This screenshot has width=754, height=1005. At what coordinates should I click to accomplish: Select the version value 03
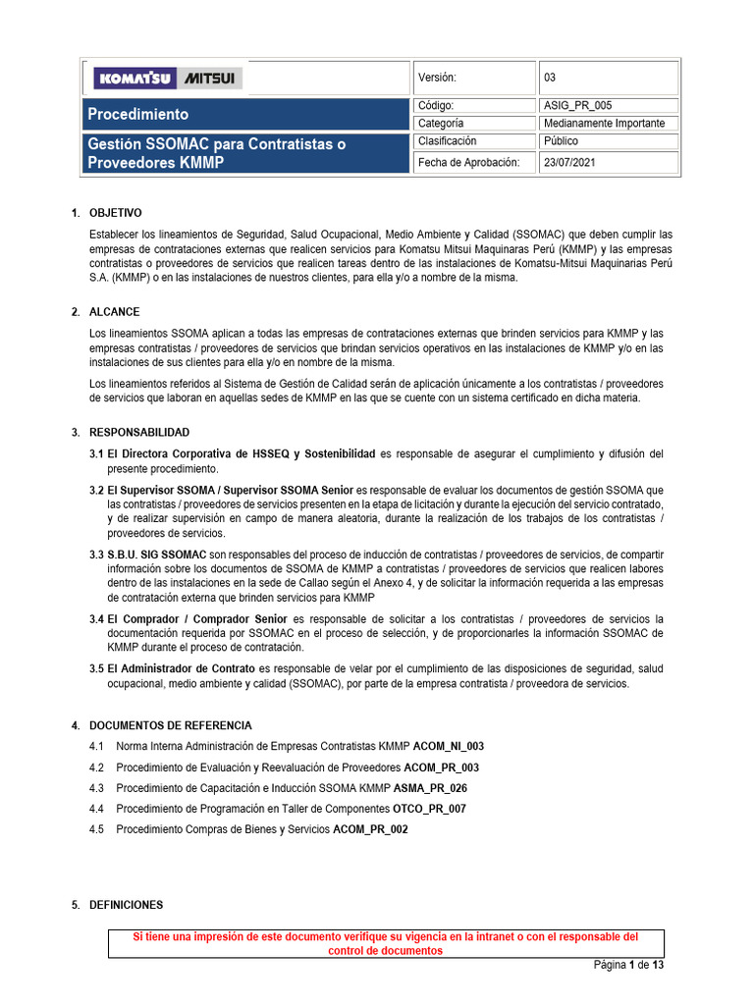pos(550,78)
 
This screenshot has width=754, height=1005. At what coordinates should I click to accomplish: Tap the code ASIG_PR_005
pos(577,106)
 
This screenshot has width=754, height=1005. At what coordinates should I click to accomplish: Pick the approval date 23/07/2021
pos(569,162)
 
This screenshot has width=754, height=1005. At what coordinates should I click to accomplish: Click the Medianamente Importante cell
pos(604,124)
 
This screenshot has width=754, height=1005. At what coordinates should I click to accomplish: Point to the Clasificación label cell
pos(449,141)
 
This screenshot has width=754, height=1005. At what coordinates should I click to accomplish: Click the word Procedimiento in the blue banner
pos(138,114)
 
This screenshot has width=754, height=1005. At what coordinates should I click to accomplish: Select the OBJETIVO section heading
pos(115,213)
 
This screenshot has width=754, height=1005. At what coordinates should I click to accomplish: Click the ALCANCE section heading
pos(114,312)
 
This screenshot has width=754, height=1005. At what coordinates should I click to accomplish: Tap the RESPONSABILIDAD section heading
pos(138,433)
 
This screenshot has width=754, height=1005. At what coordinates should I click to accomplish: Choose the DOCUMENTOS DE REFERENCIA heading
pos(170,726)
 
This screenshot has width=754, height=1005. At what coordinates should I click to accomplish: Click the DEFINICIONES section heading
pos(126,905)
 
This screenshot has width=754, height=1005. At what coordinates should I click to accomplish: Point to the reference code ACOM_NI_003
pos(449,747)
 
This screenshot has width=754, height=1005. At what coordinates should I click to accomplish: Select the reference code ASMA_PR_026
pos(430,788)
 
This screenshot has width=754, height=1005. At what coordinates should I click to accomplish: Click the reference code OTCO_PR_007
pos(429,809)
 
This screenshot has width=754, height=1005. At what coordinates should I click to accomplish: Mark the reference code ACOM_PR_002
pos(370,829)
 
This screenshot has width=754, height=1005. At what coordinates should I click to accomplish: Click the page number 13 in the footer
pos(658,966)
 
